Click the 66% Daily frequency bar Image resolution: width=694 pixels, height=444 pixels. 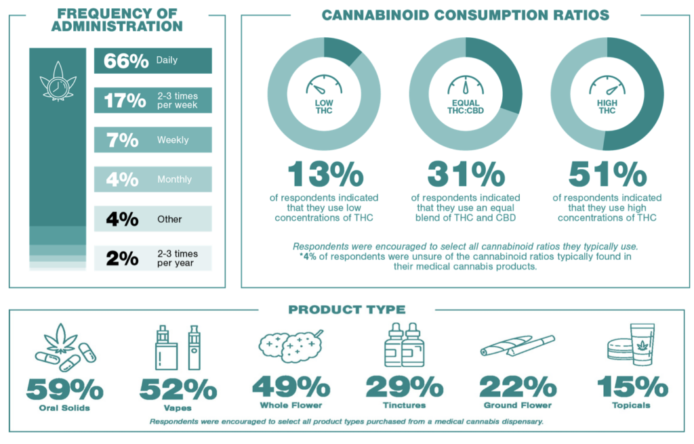point(152,60)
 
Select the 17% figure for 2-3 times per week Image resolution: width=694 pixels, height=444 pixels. point(125,101)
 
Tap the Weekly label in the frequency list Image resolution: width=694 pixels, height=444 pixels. point(173,140)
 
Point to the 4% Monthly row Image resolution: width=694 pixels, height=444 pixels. point(152,179)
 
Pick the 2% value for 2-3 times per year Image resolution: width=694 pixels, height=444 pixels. point(122,259)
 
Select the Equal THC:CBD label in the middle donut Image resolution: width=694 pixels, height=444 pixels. point(465,106)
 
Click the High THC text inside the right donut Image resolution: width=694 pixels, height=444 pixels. point(607,106)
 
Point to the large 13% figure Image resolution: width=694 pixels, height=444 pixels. point(324,175)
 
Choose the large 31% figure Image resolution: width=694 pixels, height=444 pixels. point(466,175)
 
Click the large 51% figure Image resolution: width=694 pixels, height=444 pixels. point(607,175)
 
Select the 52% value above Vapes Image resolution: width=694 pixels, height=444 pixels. point(178,388)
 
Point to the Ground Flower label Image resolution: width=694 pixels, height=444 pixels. point(518,405)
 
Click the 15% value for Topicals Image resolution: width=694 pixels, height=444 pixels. point(632,387)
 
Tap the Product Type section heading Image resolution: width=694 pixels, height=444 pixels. point(346,310)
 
